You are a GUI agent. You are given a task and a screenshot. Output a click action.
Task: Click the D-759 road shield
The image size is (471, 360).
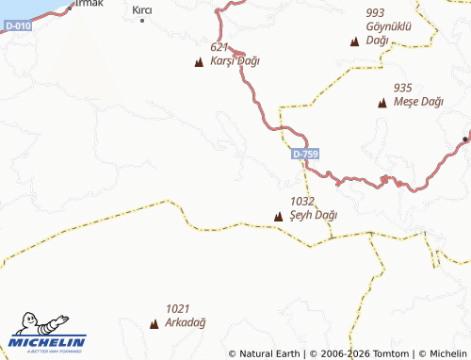[x=304, y=154]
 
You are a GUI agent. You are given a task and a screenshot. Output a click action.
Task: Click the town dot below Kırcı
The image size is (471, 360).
[x=142, y=20]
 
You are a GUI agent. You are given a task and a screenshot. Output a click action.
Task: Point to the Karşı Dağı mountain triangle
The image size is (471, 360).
[x=198, y=63]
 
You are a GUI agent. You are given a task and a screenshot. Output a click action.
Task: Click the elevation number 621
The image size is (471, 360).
[x=219, y=46]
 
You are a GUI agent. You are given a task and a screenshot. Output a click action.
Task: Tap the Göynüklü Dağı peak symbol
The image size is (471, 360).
[x=354, y=41]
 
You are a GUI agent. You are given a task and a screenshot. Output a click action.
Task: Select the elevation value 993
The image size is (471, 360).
[x=376, y=12]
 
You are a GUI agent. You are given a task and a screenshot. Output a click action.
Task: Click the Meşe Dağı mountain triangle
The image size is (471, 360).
[x=382, y=103]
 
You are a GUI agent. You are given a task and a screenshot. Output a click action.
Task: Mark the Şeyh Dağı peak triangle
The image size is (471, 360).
[x=278, y=218]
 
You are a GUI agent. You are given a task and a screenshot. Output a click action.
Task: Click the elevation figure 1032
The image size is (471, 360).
[x=301, y=201]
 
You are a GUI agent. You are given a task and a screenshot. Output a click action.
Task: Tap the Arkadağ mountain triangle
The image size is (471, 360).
[x=154, y=324]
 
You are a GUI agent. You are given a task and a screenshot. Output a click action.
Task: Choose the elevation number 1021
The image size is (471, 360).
[x=179, y=308]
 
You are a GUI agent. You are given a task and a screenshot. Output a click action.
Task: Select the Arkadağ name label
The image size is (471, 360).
[x=186, y=322]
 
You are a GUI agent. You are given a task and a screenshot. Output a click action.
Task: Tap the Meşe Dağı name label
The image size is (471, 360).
[x=418, y=101]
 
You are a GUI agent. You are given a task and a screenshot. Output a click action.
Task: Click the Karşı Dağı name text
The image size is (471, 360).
[x=235, y=60]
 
